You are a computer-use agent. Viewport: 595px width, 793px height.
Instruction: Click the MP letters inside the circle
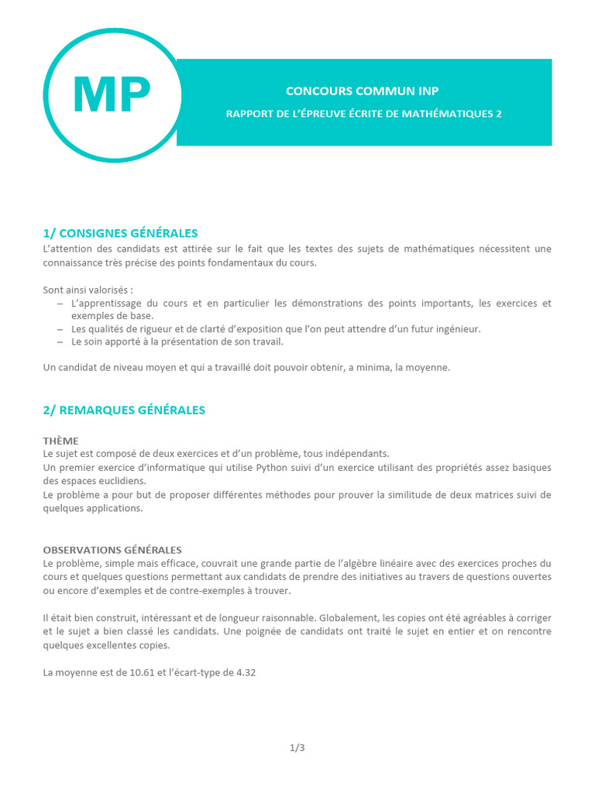(112, 95)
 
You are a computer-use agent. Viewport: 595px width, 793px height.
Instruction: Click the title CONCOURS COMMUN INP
(363, 91)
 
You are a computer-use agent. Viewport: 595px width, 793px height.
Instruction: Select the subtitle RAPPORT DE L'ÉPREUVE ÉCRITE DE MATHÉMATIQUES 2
(363, 114)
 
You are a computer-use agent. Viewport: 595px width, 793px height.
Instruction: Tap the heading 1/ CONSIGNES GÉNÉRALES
(121, 233)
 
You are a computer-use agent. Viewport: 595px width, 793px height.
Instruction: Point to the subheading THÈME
(60, 441)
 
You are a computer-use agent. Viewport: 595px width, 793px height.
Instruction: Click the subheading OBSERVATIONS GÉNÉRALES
(112, 550)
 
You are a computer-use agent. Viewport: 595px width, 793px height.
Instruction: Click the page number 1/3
(297, 747)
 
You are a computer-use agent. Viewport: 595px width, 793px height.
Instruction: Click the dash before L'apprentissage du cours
(60, 304)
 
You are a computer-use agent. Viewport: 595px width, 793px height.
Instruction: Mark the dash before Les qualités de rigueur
(60, 328)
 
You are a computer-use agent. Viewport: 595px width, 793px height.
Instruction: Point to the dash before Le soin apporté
(60, 342)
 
